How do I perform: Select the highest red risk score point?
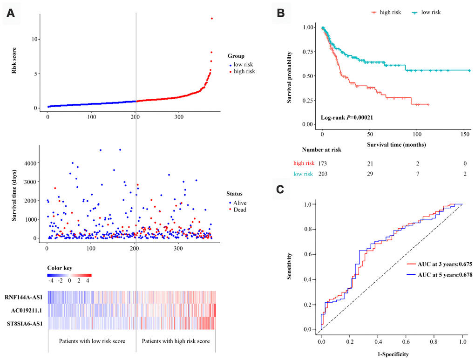(212, 19)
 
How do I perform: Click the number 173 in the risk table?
(323, 163)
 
